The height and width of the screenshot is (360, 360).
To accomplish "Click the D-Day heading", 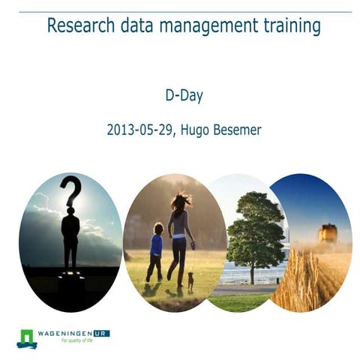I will click(x=184, y=95).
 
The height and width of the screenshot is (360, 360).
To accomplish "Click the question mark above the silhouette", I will click(x=71, y=192).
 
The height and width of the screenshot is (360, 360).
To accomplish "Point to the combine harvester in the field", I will click(x=327, y=233).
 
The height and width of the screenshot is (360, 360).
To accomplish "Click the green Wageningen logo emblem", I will click(x=27, y=338).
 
